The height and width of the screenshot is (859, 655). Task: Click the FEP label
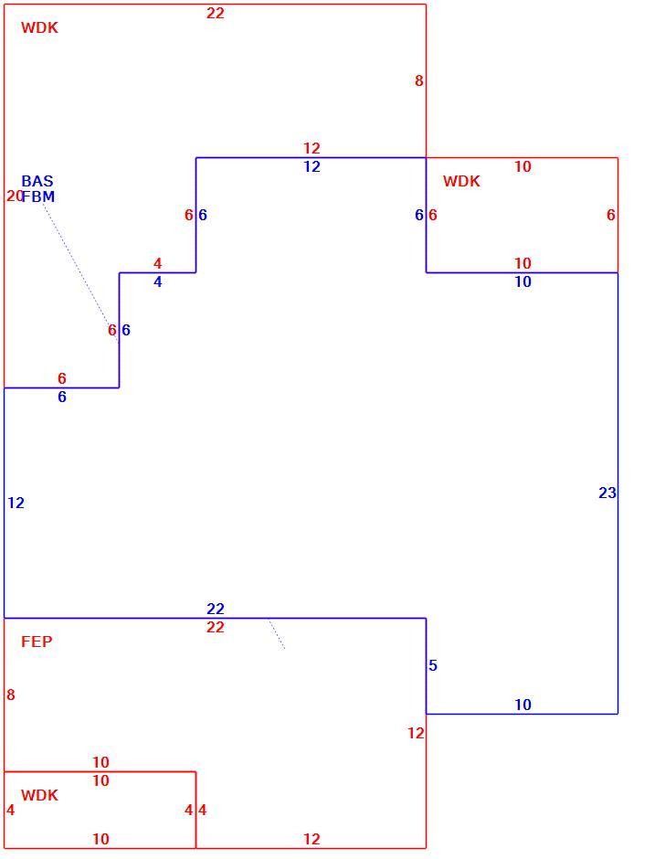tap(37, 641)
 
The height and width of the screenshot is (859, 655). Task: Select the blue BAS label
tap(37, 181)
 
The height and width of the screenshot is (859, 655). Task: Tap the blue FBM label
tap(38, 196)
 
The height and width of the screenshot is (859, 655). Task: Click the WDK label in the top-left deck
tap(39, 27)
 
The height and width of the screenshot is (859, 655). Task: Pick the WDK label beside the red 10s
tap(461, 181)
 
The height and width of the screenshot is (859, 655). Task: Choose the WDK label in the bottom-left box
tap(39, 795)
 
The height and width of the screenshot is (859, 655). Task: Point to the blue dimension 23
tap(607, 493)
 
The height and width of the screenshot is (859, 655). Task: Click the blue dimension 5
tap(433, 665)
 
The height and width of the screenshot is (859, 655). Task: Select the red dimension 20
tap(15, 196)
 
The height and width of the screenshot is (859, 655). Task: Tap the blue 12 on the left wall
tap(16, 503)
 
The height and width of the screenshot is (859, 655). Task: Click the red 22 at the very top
tap(216, 13)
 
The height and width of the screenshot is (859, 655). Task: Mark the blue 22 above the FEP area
tap(216, 609)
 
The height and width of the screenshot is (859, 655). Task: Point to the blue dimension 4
tap(158, 281)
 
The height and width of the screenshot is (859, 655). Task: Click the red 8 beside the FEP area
tap(10, 695)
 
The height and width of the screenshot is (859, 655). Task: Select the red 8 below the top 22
tap(419, 80)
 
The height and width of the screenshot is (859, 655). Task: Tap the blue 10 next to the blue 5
tap(523, 705)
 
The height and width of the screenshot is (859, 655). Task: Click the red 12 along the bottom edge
tap(312, 839)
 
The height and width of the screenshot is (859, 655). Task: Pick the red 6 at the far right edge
tap(610, 215)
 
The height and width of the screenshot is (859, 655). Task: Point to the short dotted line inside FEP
tap(277, 634)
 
